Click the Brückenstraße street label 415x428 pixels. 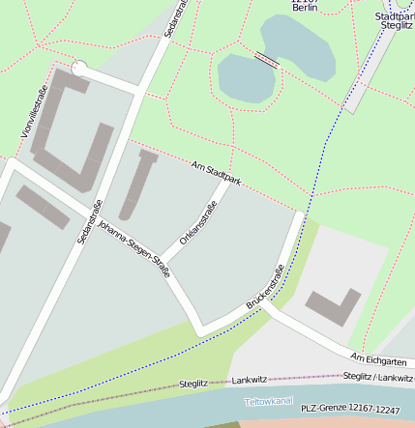point(265,287)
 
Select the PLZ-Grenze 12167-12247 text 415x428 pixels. point(349,410)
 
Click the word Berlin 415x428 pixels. point(305,7)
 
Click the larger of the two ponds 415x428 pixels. point(298,48)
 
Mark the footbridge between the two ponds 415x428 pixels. point(266,60)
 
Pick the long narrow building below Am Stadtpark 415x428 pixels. point(136,184)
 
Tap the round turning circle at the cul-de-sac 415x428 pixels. point(79,70)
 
